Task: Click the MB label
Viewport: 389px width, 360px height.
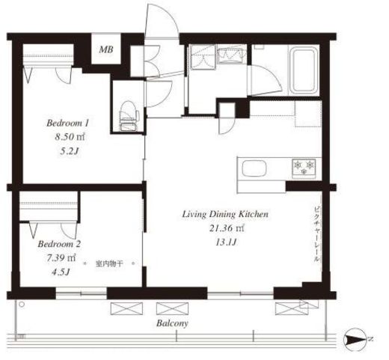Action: pos(106,49)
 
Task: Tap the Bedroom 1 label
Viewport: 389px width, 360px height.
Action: pos(67,123)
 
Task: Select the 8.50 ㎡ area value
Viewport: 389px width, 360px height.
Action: pos(70,137)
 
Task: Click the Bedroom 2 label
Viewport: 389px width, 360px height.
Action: pos(59,244)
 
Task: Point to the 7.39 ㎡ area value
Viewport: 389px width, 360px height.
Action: pos(61,257)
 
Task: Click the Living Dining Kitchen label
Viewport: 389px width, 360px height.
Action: pos(225,214)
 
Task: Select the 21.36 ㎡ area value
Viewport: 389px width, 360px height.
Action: pos(227,228)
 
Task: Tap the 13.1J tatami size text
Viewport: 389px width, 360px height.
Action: pos(226,242)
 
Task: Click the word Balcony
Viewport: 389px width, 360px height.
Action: pos(172,323)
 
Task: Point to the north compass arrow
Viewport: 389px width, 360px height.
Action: pos(356,339)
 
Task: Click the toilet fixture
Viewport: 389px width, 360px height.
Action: pos(129,116)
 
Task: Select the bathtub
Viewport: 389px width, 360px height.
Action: pos(304,70)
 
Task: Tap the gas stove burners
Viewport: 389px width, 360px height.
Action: pos(304,167)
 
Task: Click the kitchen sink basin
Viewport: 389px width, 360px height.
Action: pos(254,168)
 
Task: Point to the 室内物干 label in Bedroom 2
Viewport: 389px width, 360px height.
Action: pos(109,263)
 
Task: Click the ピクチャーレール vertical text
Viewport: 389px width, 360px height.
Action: pos(316,234)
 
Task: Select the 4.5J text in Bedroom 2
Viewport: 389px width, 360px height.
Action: pos(60,272)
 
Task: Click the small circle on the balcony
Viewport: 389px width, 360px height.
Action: pos(22,304)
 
